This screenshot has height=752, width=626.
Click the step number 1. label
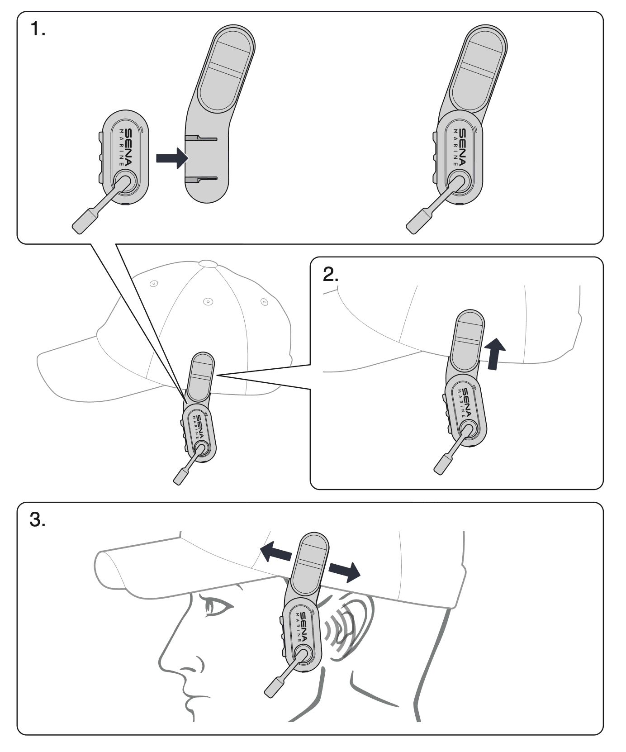click(x=38, y=30)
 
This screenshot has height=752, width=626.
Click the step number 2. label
click(x=330, y=274)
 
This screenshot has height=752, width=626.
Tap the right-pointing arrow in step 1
click(x=171, y=158)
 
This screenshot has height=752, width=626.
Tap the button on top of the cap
click(x=208, y=262)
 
